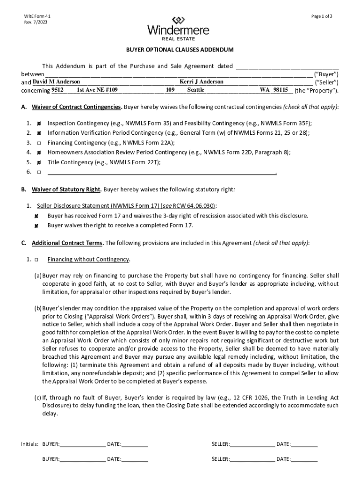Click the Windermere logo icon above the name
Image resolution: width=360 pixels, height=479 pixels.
(178, 20)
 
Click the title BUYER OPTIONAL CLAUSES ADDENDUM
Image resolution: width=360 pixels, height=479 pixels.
(178, 50)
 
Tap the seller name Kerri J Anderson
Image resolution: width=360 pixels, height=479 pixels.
(201, 81)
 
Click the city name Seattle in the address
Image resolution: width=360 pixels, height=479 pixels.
(196, 89)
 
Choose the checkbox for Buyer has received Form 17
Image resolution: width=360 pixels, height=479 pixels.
(36, 216)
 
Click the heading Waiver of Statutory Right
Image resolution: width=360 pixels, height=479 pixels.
(66, 189)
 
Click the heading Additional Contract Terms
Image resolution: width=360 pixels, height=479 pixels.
(67, 243)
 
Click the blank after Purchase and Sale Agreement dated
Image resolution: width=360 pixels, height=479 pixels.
(287, 66)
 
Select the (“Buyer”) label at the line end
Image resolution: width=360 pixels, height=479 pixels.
(326, 74)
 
